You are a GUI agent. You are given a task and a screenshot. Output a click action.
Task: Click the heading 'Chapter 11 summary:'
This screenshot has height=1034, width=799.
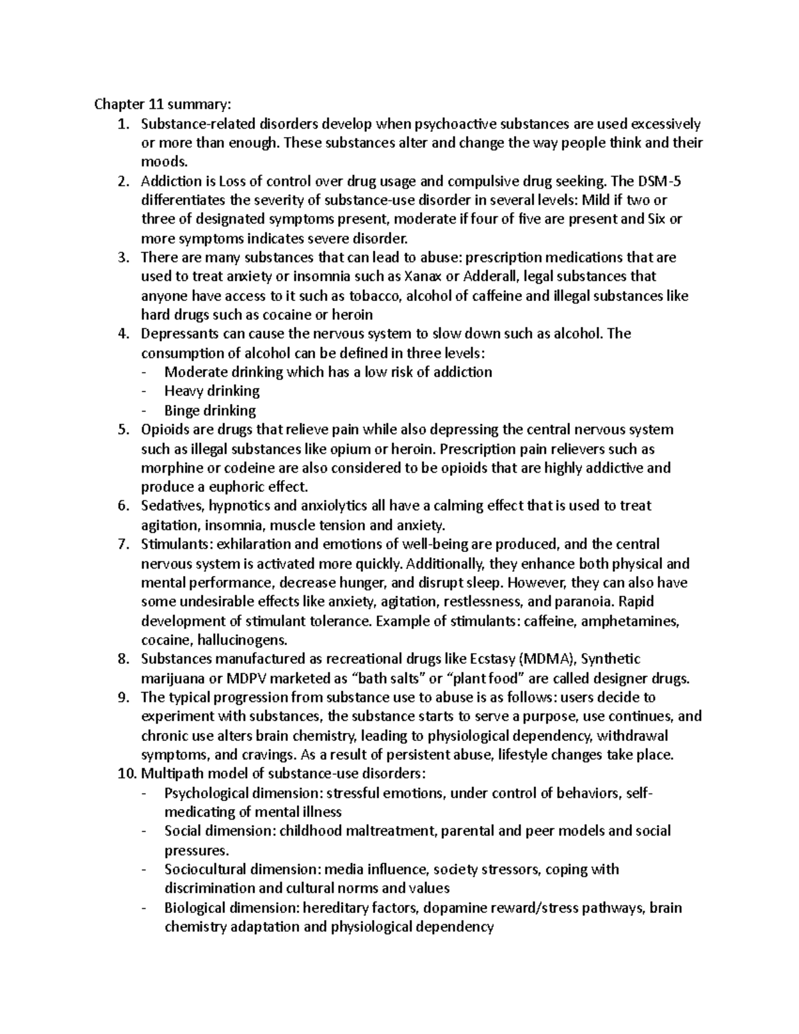pos(163,105)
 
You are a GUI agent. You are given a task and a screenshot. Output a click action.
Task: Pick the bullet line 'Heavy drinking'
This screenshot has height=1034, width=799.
pos(212,391)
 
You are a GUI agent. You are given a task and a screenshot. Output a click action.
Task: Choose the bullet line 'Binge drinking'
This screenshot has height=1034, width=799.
pos(210,410)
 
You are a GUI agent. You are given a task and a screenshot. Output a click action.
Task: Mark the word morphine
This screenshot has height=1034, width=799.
pos(170,468)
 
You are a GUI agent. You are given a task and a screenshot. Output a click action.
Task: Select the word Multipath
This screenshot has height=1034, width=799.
pos(168,774)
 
